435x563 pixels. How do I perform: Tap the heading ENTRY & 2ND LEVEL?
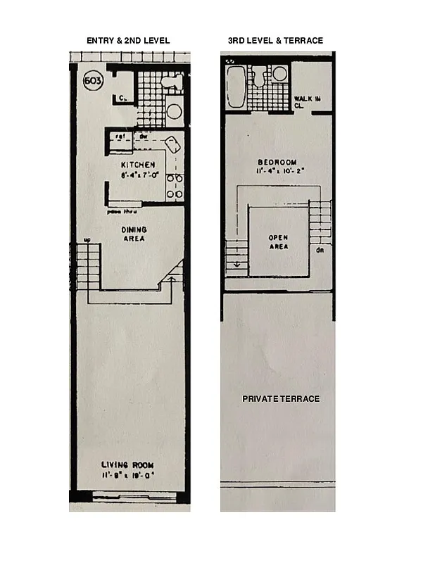tap(128, 41)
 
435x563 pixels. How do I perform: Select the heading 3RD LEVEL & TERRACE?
tap(275, 41)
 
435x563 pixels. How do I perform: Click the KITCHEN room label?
tap(138, 165)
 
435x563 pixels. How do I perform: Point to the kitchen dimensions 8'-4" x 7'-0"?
tap(138, 175)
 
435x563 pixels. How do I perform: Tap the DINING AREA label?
tap(132, 234)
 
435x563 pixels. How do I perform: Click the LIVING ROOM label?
tap(127, 465)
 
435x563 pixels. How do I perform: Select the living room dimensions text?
tap(127, 475)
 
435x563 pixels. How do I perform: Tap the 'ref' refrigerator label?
tap(120, 136)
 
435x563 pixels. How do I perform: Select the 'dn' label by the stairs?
tap(320, 249)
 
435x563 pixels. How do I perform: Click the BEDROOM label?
tap(276, 162)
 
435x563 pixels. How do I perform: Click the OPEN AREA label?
tap(278, 242)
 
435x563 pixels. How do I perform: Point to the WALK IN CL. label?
tap(307, 102)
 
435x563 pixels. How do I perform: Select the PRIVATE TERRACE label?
tap(281, 399)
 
